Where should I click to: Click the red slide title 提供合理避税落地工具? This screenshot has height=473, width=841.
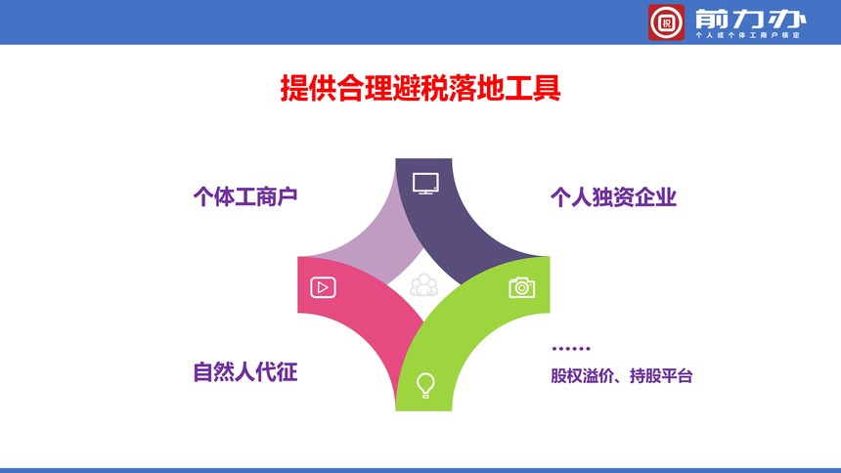pos(420,88)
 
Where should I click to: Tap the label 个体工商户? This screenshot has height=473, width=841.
pos(245,196)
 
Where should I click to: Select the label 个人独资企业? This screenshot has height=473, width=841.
pos(613,197)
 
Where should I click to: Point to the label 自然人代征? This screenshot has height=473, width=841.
pos(245,372)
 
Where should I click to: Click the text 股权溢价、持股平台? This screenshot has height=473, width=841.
pos(622,375)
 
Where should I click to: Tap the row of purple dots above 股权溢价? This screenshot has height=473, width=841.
pos(571,349)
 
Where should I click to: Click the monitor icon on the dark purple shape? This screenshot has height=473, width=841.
pos(425,184)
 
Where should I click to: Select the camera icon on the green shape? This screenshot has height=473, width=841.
pos(522,287)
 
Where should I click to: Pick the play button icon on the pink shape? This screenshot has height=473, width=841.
pos(323,287)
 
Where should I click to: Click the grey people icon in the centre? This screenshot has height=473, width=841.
pos(423,285)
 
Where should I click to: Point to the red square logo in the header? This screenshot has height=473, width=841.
pos(666,22)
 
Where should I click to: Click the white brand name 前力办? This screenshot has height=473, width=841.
pos(750,20)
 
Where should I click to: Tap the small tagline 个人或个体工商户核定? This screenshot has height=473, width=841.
pos(748,35)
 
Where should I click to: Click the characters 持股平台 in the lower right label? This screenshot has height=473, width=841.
pos(661,375)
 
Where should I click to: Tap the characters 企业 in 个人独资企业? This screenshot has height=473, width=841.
pos(656,197)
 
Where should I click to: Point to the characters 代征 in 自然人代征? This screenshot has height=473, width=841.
pos(277,372)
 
